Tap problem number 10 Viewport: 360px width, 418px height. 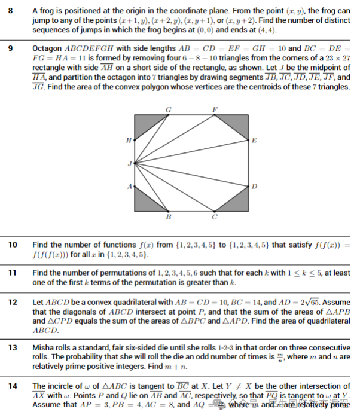[x=13, y=245]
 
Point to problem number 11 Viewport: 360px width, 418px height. [x=13, y=273]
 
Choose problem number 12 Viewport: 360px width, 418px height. [x=13, y=302]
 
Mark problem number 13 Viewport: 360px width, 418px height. [x=13, y=347]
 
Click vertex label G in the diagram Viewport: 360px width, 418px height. [x=168, y=109]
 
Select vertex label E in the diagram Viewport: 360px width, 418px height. [x=254, y=141]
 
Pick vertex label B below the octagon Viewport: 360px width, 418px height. [x=168, y=218]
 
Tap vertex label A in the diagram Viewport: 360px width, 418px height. [x=129, y=187]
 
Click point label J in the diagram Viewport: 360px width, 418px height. [x=129, y=163]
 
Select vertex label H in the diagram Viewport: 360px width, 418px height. [x=128, y=141]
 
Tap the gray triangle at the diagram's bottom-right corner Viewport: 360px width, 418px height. [x=239, y=202]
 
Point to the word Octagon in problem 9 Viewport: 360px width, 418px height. [x=47, y=47]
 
